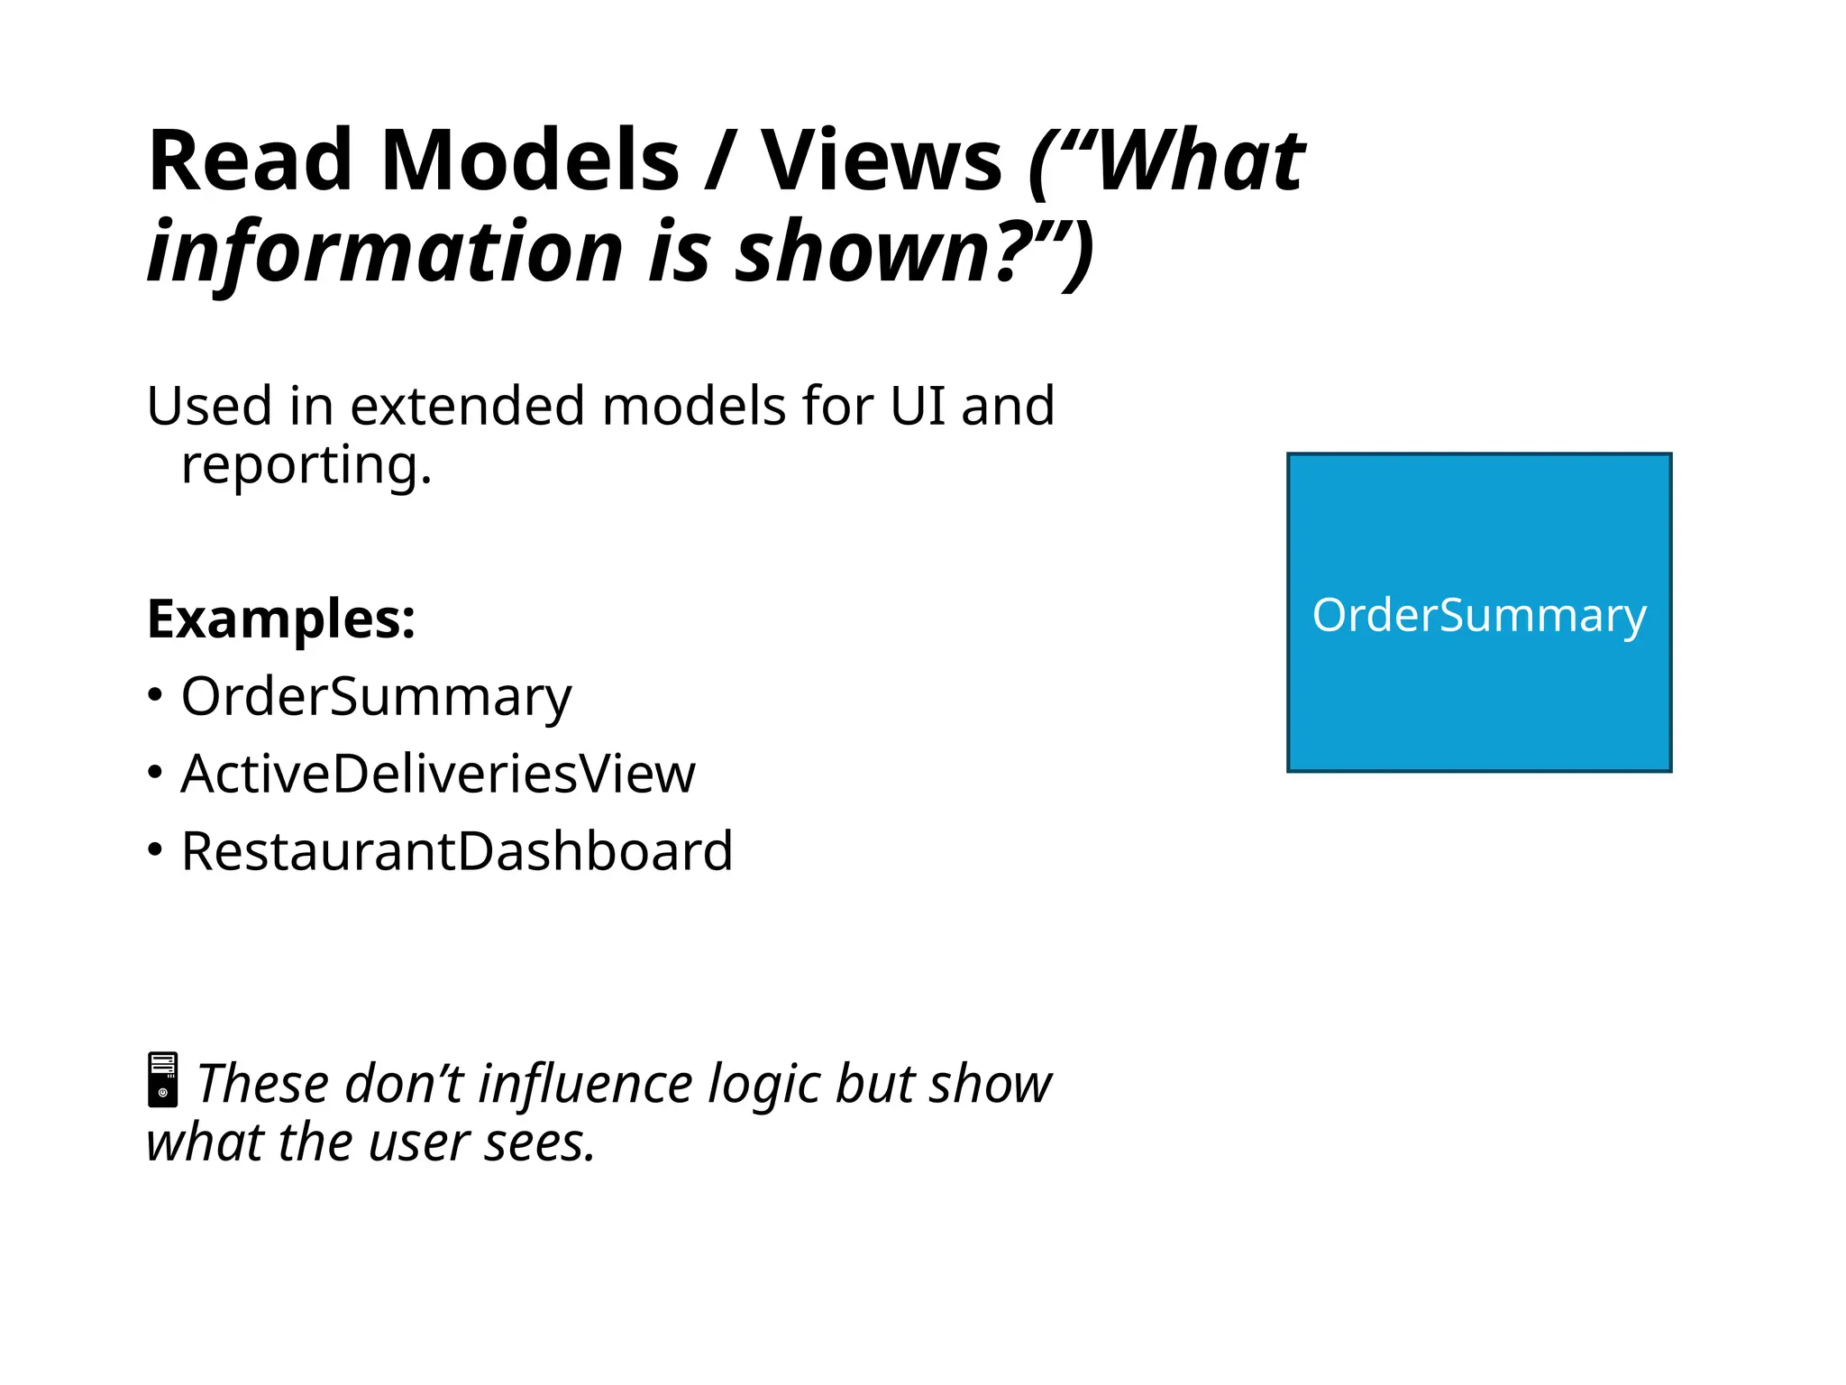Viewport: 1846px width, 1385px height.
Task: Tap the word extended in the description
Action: tap(468, 406)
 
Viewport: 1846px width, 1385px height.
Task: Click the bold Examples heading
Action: tap(281, 619)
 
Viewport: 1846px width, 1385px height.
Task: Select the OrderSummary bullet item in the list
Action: tap(376, 697)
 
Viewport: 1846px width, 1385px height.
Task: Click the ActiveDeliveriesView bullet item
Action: tap(438, 774)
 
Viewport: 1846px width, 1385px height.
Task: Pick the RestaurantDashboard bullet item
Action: tap(457, 851)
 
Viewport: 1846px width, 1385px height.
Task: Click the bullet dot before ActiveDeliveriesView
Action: tap(155, 773)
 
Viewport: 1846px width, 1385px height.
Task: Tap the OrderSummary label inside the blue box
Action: tap(1478, 616)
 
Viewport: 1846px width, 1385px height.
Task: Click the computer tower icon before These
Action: tap(163, 1079)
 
